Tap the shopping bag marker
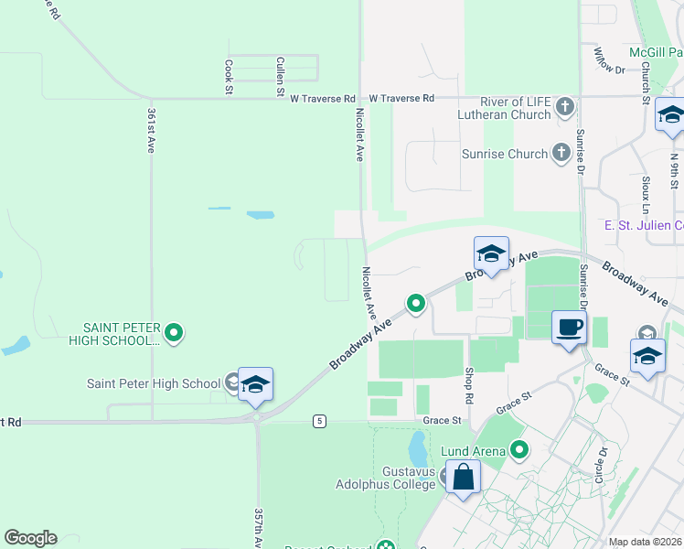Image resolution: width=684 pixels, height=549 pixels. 464,477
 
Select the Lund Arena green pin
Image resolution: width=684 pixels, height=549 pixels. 520,449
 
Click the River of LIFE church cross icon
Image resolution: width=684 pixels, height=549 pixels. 565,108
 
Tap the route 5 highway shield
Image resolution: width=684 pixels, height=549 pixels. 318,420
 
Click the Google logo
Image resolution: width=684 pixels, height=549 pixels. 31,537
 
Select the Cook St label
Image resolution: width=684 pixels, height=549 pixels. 228,77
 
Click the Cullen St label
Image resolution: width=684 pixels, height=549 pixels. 280,76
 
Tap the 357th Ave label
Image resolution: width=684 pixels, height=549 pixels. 259,528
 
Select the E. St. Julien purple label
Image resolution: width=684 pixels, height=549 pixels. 644,225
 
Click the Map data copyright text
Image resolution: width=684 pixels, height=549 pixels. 646,542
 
